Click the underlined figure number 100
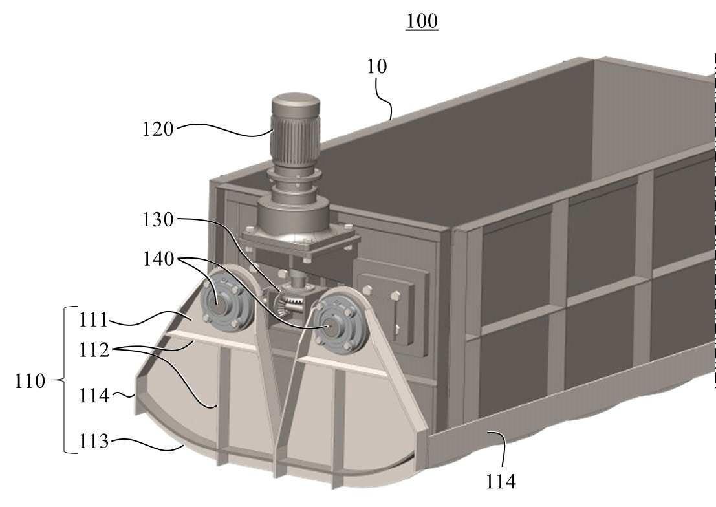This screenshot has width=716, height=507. (x=422, y=21)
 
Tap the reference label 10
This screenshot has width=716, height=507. (x=377, y=67)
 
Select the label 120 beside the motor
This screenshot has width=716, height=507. (x=158, y=129)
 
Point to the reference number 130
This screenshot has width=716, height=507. (x=158, y=220)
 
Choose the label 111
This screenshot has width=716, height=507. (x=94, y=319)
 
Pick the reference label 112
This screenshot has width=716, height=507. (x=94, y=351)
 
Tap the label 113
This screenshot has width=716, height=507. (x=94, y=441)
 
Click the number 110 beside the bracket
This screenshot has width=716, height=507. (x=30, y=381)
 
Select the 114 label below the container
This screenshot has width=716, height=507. (x=501, y=481)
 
